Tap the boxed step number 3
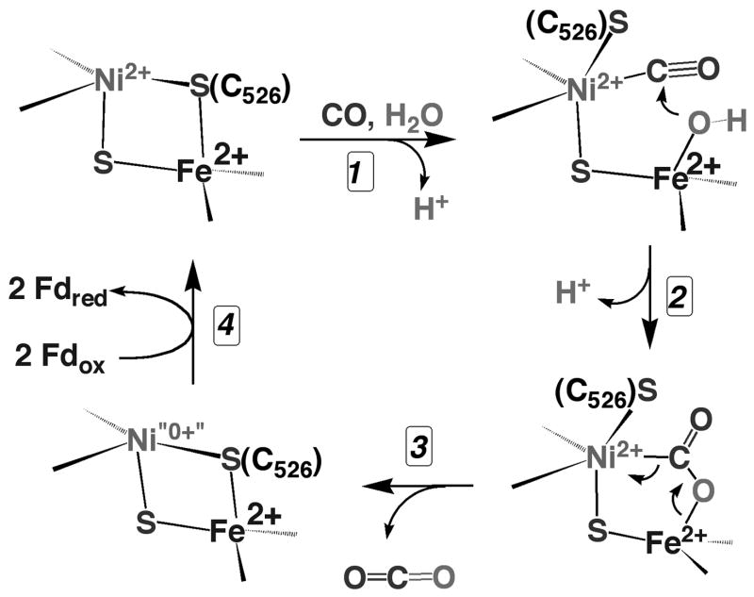tap(416, 450)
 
